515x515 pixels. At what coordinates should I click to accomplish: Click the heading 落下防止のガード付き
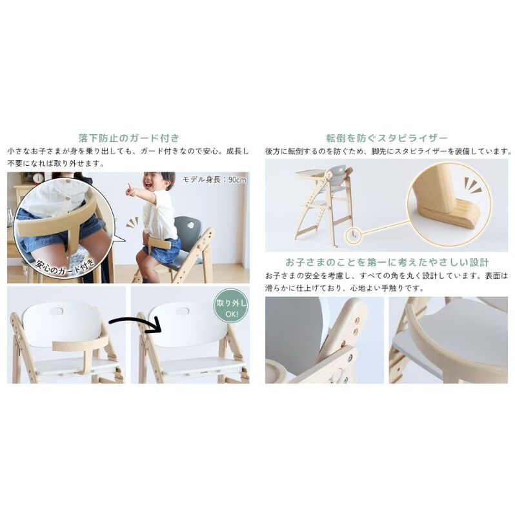click(x=129, y=137)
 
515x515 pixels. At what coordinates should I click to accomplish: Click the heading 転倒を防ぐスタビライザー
click(x=387, y=138)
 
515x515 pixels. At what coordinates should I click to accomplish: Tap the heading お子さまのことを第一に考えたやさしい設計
click(x=387, y=263)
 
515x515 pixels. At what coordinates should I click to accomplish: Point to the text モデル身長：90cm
click(x=214, y=179)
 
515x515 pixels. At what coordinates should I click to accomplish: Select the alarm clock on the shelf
click(x=38, y=177)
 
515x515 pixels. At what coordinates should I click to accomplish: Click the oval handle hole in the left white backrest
click(x=57, y=310)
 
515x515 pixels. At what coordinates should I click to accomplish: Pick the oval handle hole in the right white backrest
click(x=183, y=310)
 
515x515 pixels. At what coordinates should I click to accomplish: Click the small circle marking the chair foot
click(x=353, y=235)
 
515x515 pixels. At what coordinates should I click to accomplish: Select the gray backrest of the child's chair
click(x=187, y=230)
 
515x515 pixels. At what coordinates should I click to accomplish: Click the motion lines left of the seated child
click(x=132, y=223)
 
